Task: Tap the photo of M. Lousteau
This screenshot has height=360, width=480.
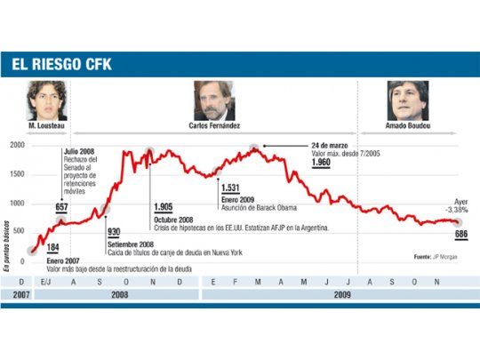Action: (47, 100)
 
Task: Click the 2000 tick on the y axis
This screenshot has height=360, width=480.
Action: (15, 144)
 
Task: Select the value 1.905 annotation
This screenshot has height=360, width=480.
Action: (164, 206)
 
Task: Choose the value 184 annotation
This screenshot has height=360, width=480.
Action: (53, 247)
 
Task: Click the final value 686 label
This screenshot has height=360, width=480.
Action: (460, 234)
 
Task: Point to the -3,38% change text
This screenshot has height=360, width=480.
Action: (456, 211)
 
